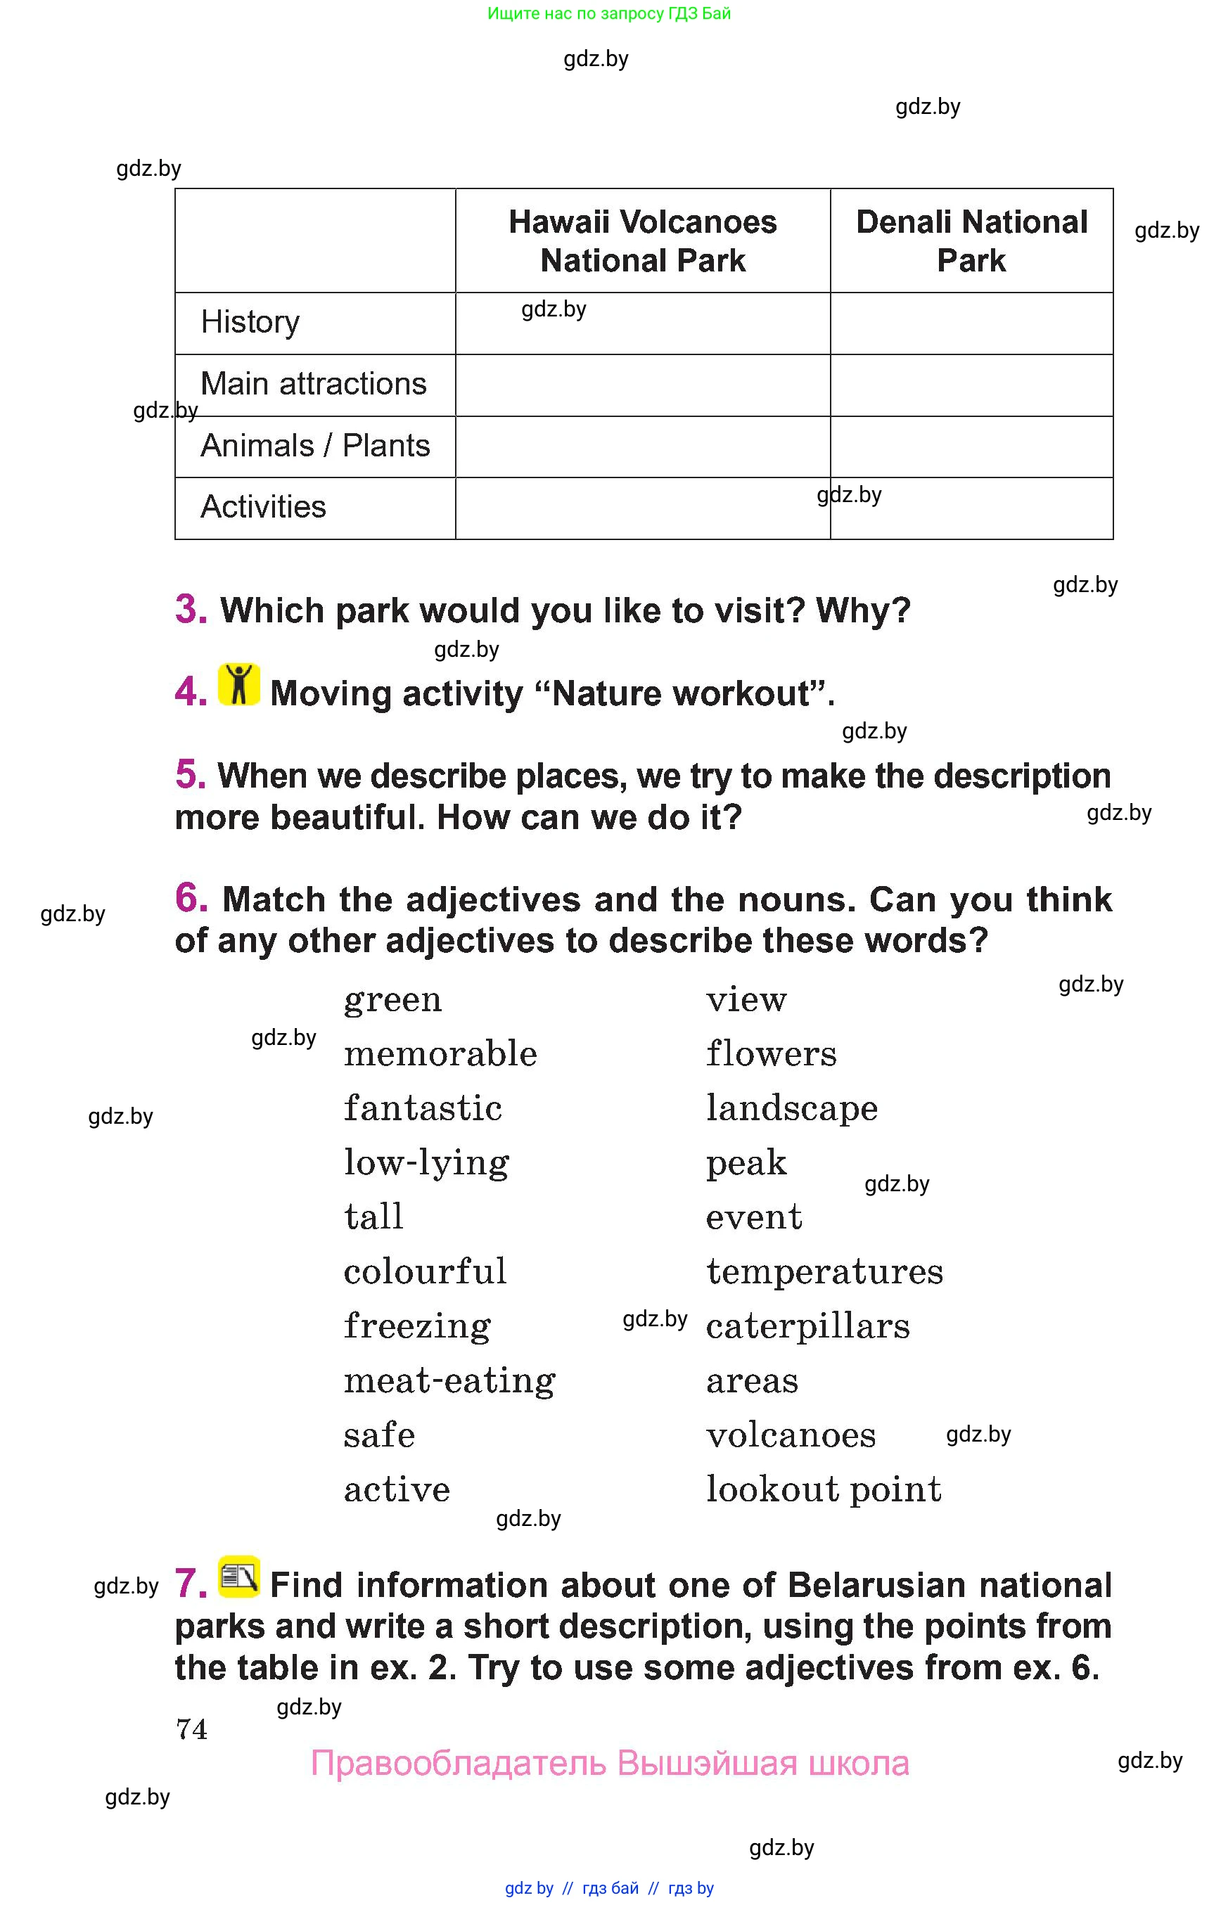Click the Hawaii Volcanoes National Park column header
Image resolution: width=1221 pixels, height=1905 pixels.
[642, 241]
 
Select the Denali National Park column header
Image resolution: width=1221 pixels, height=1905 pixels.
[971, 241]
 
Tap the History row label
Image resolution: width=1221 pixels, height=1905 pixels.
[250, 322]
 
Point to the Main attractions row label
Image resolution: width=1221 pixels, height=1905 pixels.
[313, 384]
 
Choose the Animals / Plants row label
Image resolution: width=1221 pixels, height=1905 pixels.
[315, 446]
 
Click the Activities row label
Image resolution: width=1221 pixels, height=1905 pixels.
[263, 507]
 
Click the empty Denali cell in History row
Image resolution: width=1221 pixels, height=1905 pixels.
[971, 323]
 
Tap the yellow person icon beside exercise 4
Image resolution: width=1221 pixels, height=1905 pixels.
[238, 684]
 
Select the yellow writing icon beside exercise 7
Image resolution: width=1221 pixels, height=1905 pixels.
[238, 1576]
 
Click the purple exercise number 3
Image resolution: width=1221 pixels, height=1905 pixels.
[191, 609]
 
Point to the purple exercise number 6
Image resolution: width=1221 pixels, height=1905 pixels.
[191, 898]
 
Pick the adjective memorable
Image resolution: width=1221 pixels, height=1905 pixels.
[440, 1053]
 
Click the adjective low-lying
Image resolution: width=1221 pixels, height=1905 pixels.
[426, 1163]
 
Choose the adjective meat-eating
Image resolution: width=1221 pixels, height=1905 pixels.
[449, 1381]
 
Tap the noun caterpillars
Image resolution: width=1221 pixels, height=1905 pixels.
[808, 1326]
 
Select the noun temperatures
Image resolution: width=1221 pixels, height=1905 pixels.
[824, 1271]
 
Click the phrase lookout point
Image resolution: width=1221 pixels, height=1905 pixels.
[824, 1489]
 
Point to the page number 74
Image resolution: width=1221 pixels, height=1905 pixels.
[191, 1729]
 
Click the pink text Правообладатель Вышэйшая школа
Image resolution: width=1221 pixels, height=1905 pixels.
[610, 1763]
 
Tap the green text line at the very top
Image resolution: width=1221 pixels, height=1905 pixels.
[609, 13]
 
